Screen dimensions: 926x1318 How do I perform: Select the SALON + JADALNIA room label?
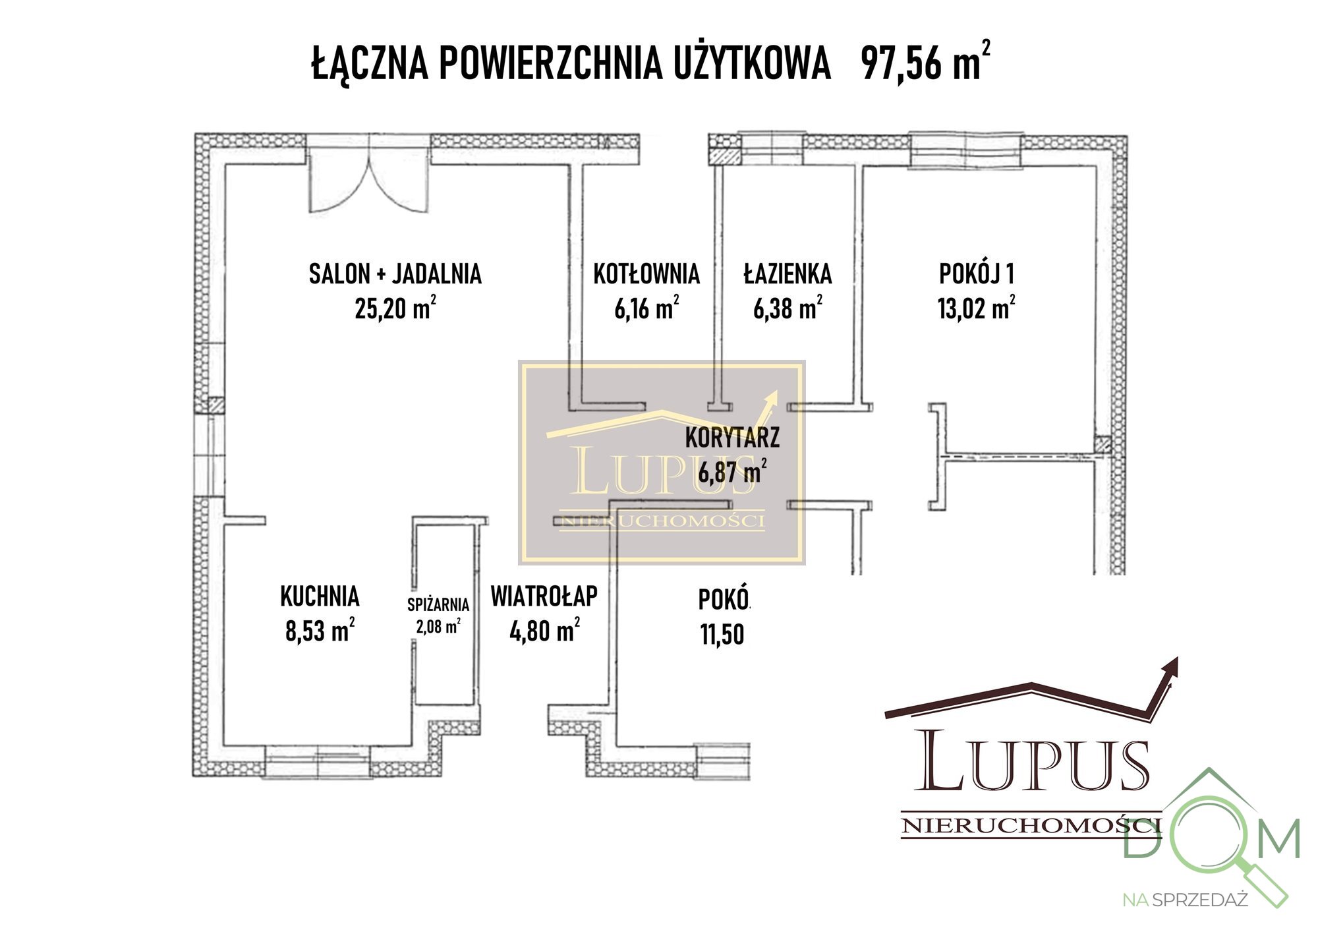point(395,274)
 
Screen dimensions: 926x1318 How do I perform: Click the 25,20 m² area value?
point(395,308)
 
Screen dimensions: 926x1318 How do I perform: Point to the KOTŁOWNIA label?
point(646,274)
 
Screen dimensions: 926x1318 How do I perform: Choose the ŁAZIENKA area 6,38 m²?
point(788,308)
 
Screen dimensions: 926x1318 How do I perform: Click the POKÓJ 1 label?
point(976,274)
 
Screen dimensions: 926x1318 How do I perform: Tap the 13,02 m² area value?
point(976,308)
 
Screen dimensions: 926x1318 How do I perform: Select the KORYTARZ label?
point(732,438)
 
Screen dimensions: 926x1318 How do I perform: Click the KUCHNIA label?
point(320,596)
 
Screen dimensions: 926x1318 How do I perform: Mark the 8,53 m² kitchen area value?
point(320,631)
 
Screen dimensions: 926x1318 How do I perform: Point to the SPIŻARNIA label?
point(438,604)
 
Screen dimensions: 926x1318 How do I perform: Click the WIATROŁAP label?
point(544,596)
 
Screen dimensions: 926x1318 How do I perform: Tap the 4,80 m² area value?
point(544,631)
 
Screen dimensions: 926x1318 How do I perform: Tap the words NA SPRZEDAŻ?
point(1185,900)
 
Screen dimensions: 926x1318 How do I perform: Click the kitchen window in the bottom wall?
point(317,761)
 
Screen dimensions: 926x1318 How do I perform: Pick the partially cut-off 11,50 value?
point(722,634)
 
